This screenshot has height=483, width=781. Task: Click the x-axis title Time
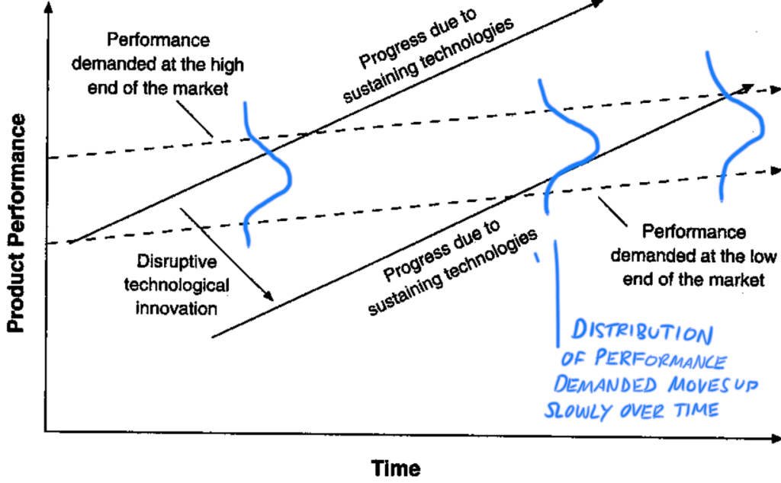pyautogui.click(x=396, y=466)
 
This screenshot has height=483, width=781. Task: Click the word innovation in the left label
pyautogui.click(x=175, y=309)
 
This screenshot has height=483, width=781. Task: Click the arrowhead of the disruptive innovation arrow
pyautogui.click(x=268, y=296)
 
